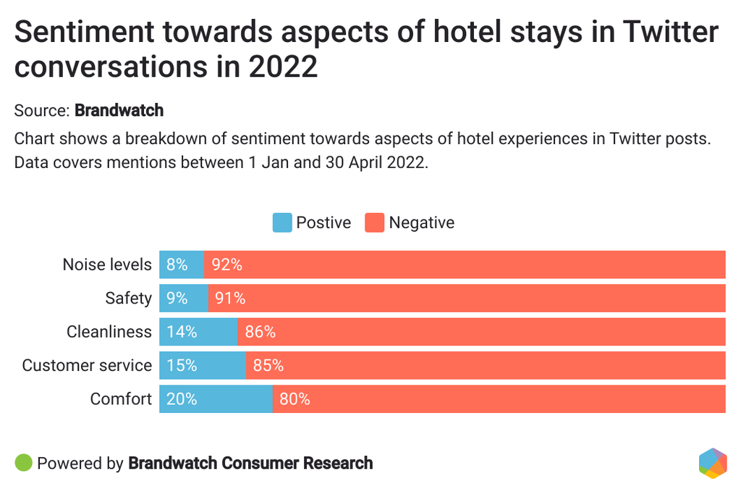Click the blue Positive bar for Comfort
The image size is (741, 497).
point(216,399)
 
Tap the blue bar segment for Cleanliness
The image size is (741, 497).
point(198,332)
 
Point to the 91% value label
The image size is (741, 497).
point(230,298)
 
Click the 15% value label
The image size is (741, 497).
point(182,366)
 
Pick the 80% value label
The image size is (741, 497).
point(295,399)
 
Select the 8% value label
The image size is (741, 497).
point(177,264)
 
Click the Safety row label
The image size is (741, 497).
point(129,298)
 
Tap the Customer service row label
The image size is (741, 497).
point(87,366)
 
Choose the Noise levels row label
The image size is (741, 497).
point(107,264)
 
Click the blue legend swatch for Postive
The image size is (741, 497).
point(282,222)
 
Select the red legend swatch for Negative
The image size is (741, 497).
point(375,222)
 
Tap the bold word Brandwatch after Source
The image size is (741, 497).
point(119,111)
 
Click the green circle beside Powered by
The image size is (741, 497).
point(24,463)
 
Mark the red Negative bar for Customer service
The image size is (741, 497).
point(486,366)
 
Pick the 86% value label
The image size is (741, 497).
point(260,332)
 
